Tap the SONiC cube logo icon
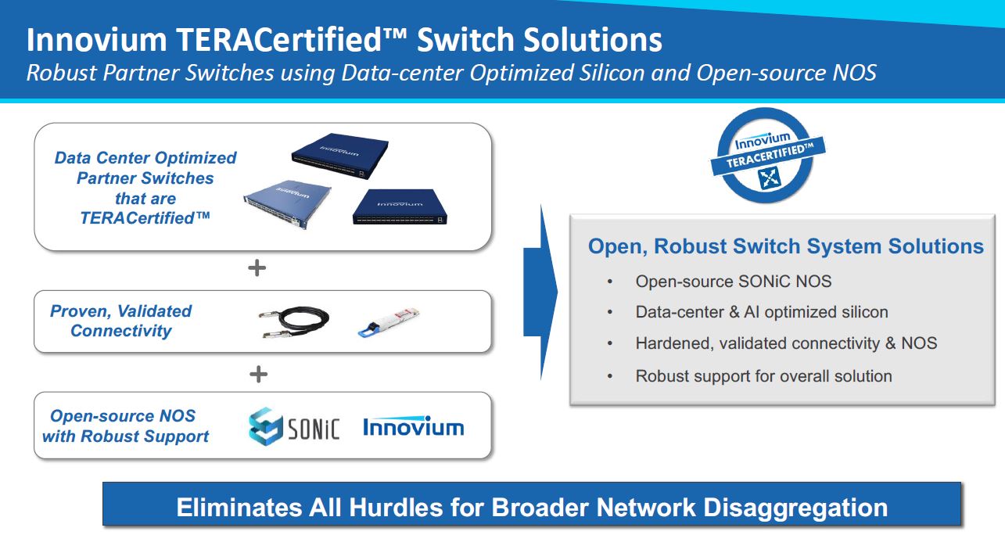point(265,426)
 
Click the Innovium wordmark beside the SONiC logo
point(413,427)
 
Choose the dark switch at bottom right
point(400,207)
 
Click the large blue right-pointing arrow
point(541,293)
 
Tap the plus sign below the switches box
point(257,268)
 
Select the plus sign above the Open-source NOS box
point(258,374)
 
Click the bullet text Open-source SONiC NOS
point(733,282)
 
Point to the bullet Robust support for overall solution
point(763,375)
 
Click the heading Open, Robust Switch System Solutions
point(785,246)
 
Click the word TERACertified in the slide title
point(287,40)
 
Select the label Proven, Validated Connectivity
point(121,321)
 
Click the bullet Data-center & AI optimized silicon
point(761,312)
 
